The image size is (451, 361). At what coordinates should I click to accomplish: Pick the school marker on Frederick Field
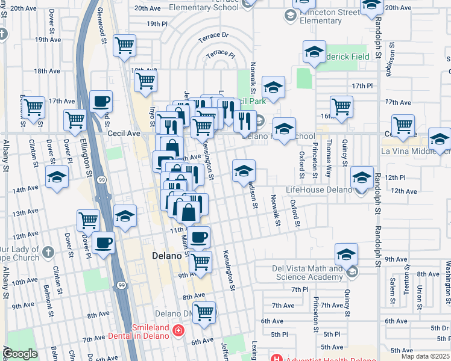[x=314, y=52]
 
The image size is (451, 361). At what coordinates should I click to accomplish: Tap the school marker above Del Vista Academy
[x=347, y=253]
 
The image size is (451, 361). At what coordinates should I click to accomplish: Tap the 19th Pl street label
[x=156, y=23]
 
